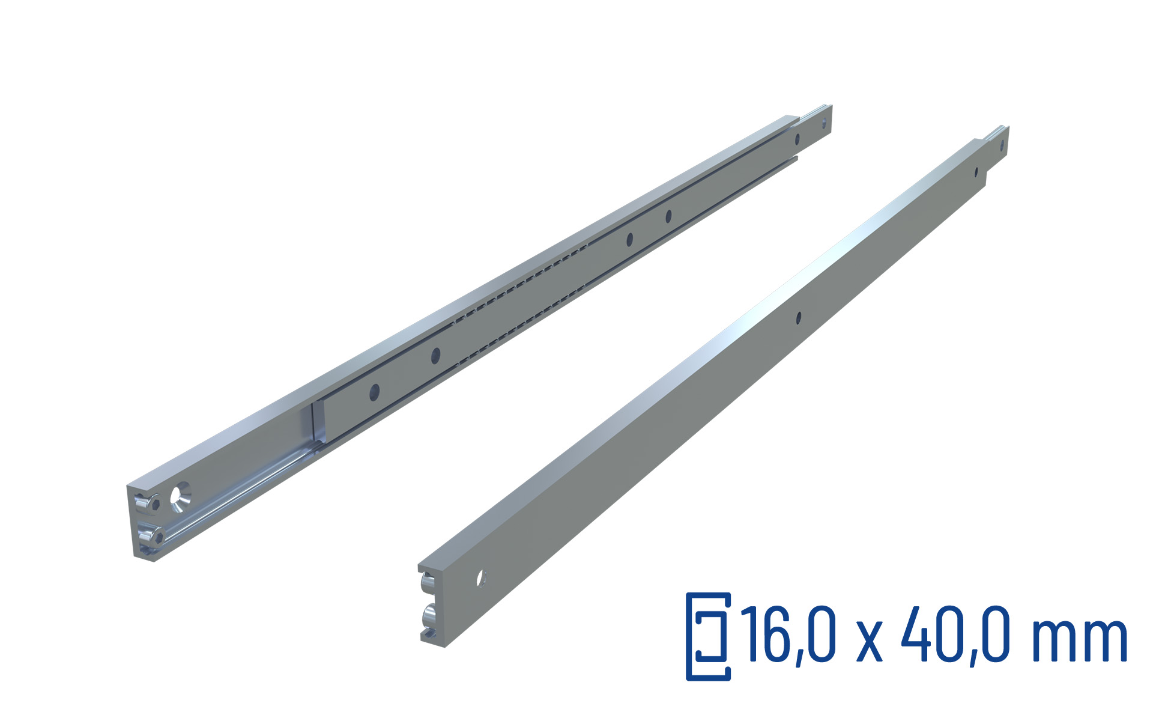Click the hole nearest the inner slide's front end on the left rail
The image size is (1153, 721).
(x=374, y=393)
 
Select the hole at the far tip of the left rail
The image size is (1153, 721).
(x=824, y=124)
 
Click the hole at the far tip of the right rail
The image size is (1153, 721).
(x=1001, y=146)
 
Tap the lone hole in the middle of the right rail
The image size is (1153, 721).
(x=799, y=318)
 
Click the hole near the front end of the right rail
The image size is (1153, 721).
(x=480, y=579)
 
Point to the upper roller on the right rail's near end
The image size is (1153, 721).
(x=428, y=582)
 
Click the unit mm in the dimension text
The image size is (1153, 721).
(x=1079, y=640)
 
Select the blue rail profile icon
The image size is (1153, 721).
(x=709, y=636)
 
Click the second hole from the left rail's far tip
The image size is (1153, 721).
(x=797, y=140)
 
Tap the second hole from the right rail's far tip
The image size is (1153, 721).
(x=976, y=173)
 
